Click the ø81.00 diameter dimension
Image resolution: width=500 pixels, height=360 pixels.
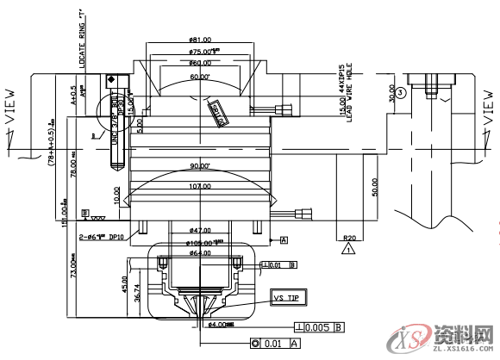point(200,40)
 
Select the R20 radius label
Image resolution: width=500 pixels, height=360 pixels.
point(348,237)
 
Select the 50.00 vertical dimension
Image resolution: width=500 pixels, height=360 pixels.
point(374,187)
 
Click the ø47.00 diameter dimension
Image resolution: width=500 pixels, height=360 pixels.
point(200,231)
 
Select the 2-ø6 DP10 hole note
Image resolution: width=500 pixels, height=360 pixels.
point(102,236)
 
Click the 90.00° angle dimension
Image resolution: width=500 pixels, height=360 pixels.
point(200,166)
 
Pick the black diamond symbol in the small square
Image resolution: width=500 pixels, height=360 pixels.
point(111,79)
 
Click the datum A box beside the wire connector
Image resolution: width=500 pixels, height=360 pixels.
point(283,239)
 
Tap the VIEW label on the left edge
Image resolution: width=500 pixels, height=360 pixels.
point(10,108)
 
